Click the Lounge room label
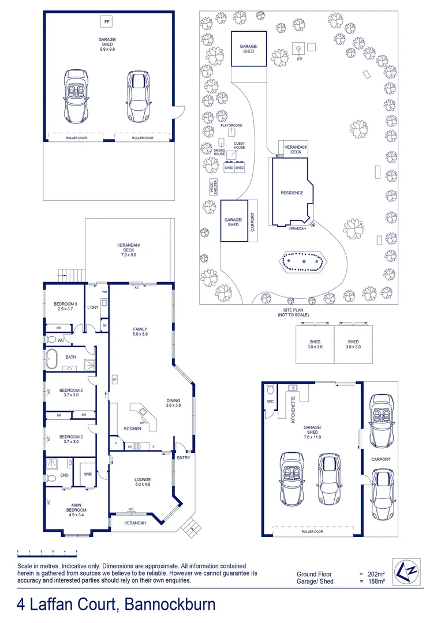pyautogui.click(x=142, y=482)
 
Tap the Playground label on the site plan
pyautogui.click(x=231, y=125)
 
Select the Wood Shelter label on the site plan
pyautogui.click(x=214, y=186)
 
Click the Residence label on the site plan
pyautogui.click(x=291, y=193)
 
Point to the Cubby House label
pyautogui.click(x=239, y=145)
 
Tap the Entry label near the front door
pyautogui.click(x=183, y=458)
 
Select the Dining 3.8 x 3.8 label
pyautogui.click(x=173, y=403)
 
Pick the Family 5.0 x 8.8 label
pyautogui.click(x=141, y=332)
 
